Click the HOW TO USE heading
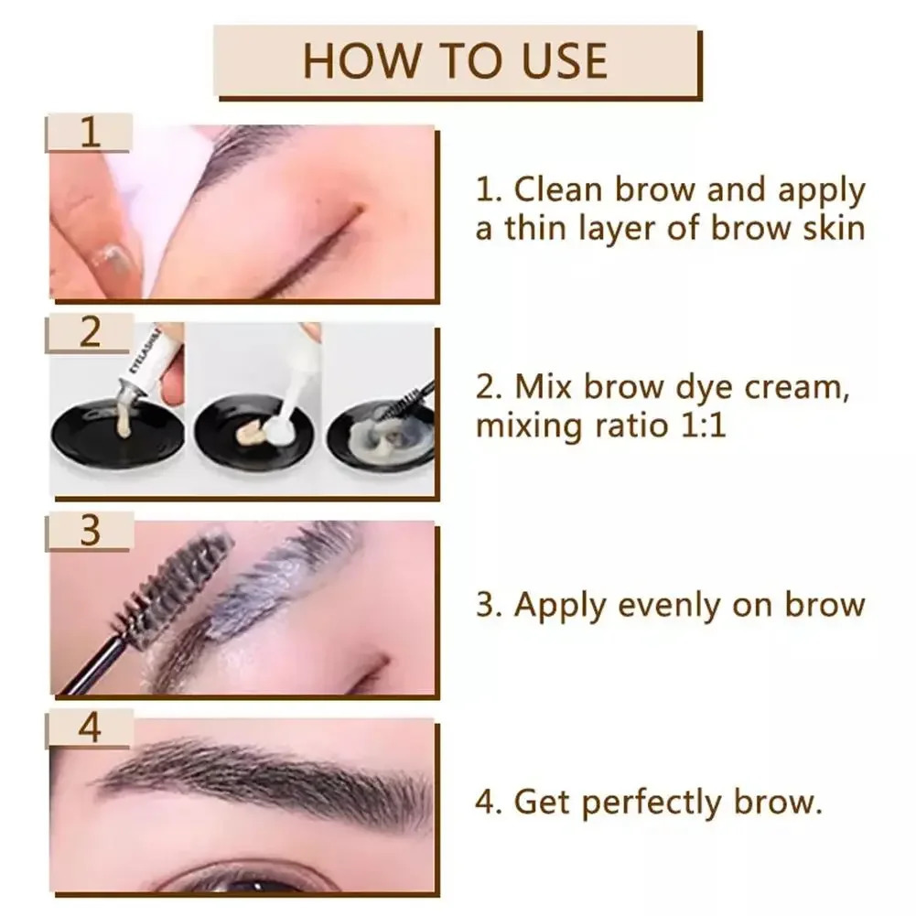pyautogui.click(x=455, y=60)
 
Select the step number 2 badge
pyautogui.click(x=90, y=331)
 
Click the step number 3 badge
pyautogui.click(x=89, y=531)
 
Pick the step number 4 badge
pyautogui.click(x=89, y=729)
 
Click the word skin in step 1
pyautogui.click(x=828, y=227)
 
